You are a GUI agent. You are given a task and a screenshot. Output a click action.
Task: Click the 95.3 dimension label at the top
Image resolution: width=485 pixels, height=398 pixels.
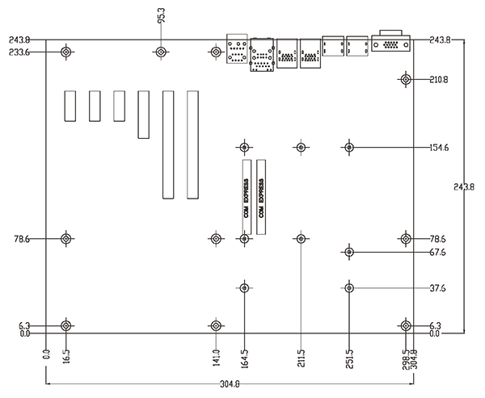pos(162,15)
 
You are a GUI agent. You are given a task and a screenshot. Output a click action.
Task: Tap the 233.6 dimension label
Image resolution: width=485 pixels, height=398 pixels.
pos(19,52)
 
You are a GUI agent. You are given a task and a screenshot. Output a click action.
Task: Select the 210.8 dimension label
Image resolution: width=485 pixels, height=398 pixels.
pos(439,80)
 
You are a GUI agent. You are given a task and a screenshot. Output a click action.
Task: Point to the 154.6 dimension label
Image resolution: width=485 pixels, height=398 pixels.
pos(439,148)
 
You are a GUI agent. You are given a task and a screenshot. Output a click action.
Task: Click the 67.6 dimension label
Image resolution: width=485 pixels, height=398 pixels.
pos(438,253)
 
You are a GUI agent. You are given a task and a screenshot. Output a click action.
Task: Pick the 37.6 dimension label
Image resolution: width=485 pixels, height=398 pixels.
pos(438,288)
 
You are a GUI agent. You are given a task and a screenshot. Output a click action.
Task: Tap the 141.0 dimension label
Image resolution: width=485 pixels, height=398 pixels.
pos(216,358)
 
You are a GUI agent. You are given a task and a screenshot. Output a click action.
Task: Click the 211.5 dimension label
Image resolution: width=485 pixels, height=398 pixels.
pos(302,358)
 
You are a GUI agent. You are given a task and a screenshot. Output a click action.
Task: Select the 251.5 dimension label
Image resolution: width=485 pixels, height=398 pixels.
pos(349,358)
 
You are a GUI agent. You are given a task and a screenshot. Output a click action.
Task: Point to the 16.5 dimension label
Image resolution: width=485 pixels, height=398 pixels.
pos(66,356)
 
